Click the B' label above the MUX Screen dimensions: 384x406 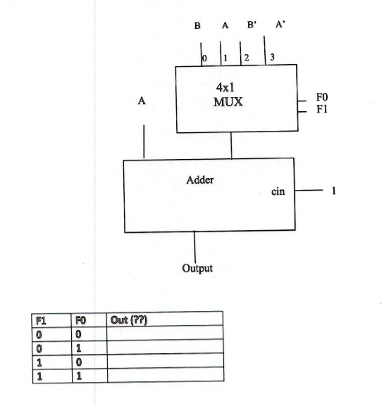252,25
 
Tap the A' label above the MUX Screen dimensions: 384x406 280,25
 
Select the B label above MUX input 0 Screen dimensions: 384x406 197,25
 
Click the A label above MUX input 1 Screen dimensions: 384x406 225,25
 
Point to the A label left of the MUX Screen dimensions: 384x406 142,101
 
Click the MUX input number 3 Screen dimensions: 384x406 272,57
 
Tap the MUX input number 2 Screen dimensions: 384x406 247,58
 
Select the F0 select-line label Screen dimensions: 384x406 322,97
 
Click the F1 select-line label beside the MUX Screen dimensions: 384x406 322,109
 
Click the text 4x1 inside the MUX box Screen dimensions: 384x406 225,87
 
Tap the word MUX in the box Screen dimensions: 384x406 228,102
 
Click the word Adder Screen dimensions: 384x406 200,179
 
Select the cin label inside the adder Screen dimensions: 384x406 278,191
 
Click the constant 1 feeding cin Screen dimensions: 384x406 334,191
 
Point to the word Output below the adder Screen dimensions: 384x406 197,268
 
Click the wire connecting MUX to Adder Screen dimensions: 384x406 231,146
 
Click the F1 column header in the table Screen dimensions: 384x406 41,321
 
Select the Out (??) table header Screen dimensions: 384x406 129,320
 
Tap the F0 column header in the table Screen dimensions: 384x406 80,321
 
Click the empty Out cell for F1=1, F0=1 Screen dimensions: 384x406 166,374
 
